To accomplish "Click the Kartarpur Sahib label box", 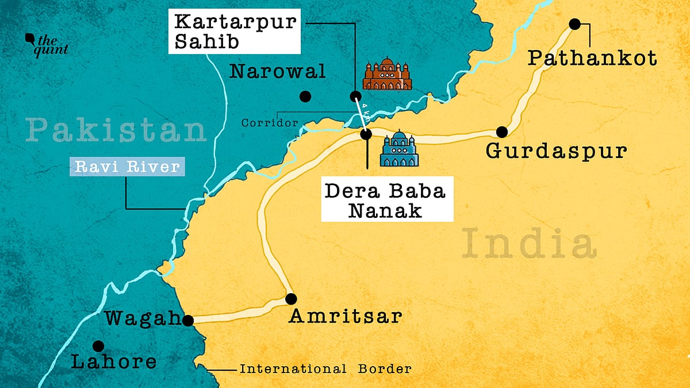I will tap(236, 33).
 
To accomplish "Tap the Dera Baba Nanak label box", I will tap(386, 199).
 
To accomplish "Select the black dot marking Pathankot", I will tap(574, 24).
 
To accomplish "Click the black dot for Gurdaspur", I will tap(502, 132).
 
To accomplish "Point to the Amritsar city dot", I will tap(291, 299).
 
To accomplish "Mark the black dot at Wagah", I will tap(187, 320).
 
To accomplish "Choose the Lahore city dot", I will tap(98, 346).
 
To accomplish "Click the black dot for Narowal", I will tap(305, 96).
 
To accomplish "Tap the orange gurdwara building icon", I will tap(388, 74).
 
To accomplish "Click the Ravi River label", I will tap(126, 167).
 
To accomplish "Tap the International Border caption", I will tap(325, 369).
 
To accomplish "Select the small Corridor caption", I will tap(270, 122).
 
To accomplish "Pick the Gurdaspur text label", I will tap(555, 151).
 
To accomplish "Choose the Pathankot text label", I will tap(592, 57).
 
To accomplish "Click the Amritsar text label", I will tap(345, 316).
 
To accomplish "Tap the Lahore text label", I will tap(113, 362).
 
